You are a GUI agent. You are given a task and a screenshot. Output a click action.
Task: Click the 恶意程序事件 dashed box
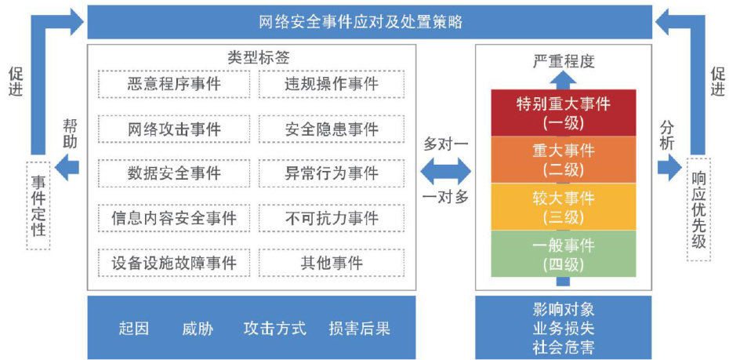point(174,84)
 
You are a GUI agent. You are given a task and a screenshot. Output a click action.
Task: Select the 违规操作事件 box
point(331,84)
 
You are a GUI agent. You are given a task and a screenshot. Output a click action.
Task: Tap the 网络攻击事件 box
point(174,129)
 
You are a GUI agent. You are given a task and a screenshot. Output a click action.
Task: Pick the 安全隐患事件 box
point(331,129)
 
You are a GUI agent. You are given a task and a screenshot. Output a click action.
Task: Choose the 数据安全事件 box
point(174,173)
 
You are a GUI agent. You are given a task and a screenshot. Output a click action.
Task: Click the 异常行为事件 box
point(331,173)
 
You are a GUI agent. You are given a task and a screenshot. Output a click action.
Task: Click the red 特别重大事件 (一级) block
point(564,113)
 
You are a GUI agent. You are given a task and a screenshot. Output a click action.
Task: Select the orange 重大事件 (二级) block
point(564,159)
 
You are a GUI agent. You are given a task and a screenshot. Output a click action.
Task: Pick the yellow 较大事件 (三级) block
point(564,206)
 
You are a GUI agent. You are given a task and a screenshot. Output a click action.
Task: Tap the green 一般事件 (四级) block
point(564,253)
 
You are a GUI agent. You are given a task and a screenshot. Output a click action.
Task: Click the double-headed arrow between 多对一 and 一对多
point(445,170)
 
